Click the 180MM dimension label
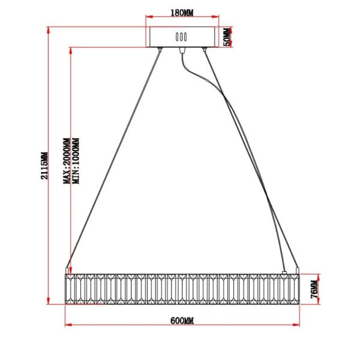(182, 13)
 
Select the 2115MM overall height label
(44, 166)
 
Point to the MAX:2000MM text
(67, 161)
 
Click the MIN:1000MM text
(76, 161)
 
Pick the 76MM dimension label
(314, 289)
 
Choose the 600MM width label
(182, 321)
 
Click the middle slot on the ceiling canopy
(181, 37)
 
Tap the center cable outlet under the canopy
(182, 50)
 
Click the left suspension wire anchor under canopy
(160, 49)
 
